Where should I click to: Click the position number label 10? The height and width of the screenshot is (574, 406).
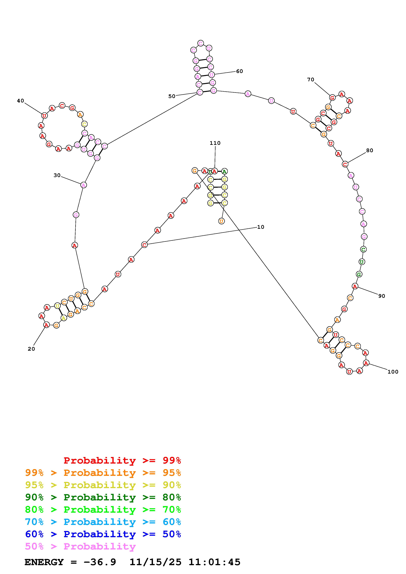[x=261, y=227]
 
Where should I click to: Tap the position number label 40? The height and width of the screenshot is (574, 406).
[x=20, y=101]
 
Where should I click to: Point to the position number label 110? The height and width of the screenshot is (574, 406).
[x=215, y=143]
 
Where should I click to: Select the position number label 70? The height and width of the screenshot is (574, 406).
[x=311, y=80]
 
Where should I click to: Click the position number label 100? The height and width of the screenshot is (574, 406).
[x=393, y=372]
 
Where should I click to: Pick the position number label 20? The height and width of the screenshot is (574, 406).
[x=31, y=349]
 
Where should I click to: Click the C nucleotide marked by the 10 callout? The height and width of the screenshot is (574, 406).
[x=144, y=245]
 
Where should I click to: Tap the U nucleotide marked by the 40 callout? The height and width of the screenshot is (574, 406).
[x=44, y=116]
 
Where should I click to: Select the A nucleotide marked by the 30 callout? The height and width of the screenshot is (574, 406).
[x=84, y=185]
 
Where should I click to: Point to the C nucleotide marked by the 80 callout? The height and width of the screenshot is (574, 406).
[x=345, y=164]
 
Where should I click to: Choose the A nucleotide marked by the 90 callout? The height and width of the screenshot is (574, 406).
[x=355, y=286]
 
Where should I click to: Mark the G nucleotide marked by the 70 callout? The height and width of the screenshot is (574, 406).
[x=332, y=98]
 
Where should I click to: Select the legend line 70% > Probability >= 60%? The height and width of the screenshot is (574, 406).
[x=103, y=522]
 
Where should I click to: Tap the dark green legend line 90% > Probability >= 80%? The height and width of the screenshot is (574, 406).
[x=103, y=497]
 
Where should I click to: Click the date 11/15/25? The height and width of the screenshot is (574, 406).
[x=155, y=562]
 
